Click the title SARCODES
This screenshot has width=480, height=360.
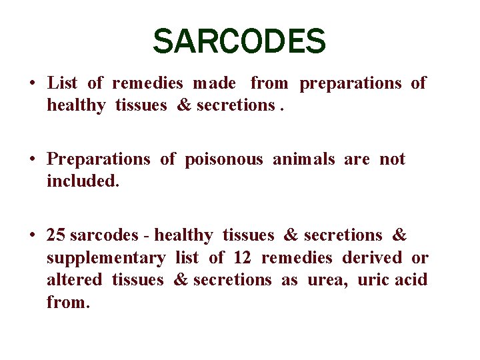pos(239,41)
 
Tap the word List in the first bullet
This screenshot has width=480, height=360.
pos(63,83)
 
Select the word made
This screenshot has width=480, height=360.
pos(214,83)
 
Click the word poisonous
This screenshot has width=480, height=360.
pos(224,159)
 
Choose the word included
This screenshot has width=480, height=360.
pos(83,181)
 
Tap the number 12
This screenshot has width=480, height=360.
pos(241,257)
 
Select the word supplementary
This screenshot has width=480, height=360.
pos(106,258)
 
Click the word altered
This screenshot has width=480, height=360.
pos(74,279)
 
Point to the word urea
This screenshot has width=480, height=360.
pos(327,279)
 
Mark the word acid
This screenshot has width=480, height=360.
pos(411,279)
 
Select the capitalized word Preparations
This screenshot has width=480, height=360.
pos(99,159)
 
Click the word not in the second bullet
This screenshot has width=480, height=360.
pos(392,159)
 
